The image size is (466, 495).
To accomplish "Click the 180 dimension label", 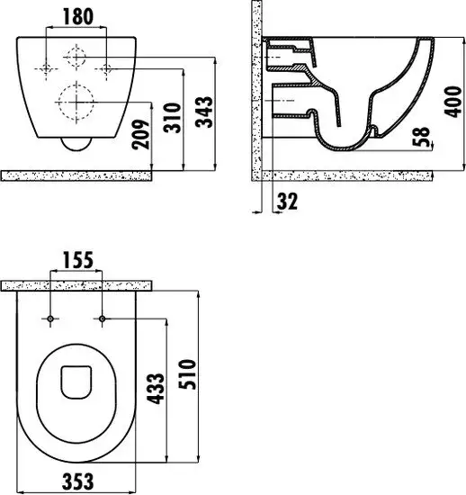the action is (78, 17).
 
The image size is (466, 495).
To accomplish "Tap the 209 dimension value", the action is (140, 134).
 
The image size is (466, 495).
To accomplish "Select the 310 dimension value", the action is (172, 118).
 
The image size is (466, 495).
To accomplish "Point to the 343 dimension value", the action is (204, 112).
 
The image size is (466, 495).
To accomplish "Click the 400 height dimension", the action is (453, 102).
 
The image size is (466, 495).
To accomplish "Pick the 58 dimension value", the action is (421, 137).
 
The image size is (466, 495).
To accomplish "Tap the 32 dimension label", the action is (287, 202).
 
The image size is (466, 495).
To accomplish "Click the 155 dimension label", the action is (78, 260).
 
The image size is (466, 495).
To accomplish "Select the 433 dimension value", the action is (156, 389).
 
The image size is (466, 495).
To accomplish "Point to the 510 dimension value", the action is (187, 374).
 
